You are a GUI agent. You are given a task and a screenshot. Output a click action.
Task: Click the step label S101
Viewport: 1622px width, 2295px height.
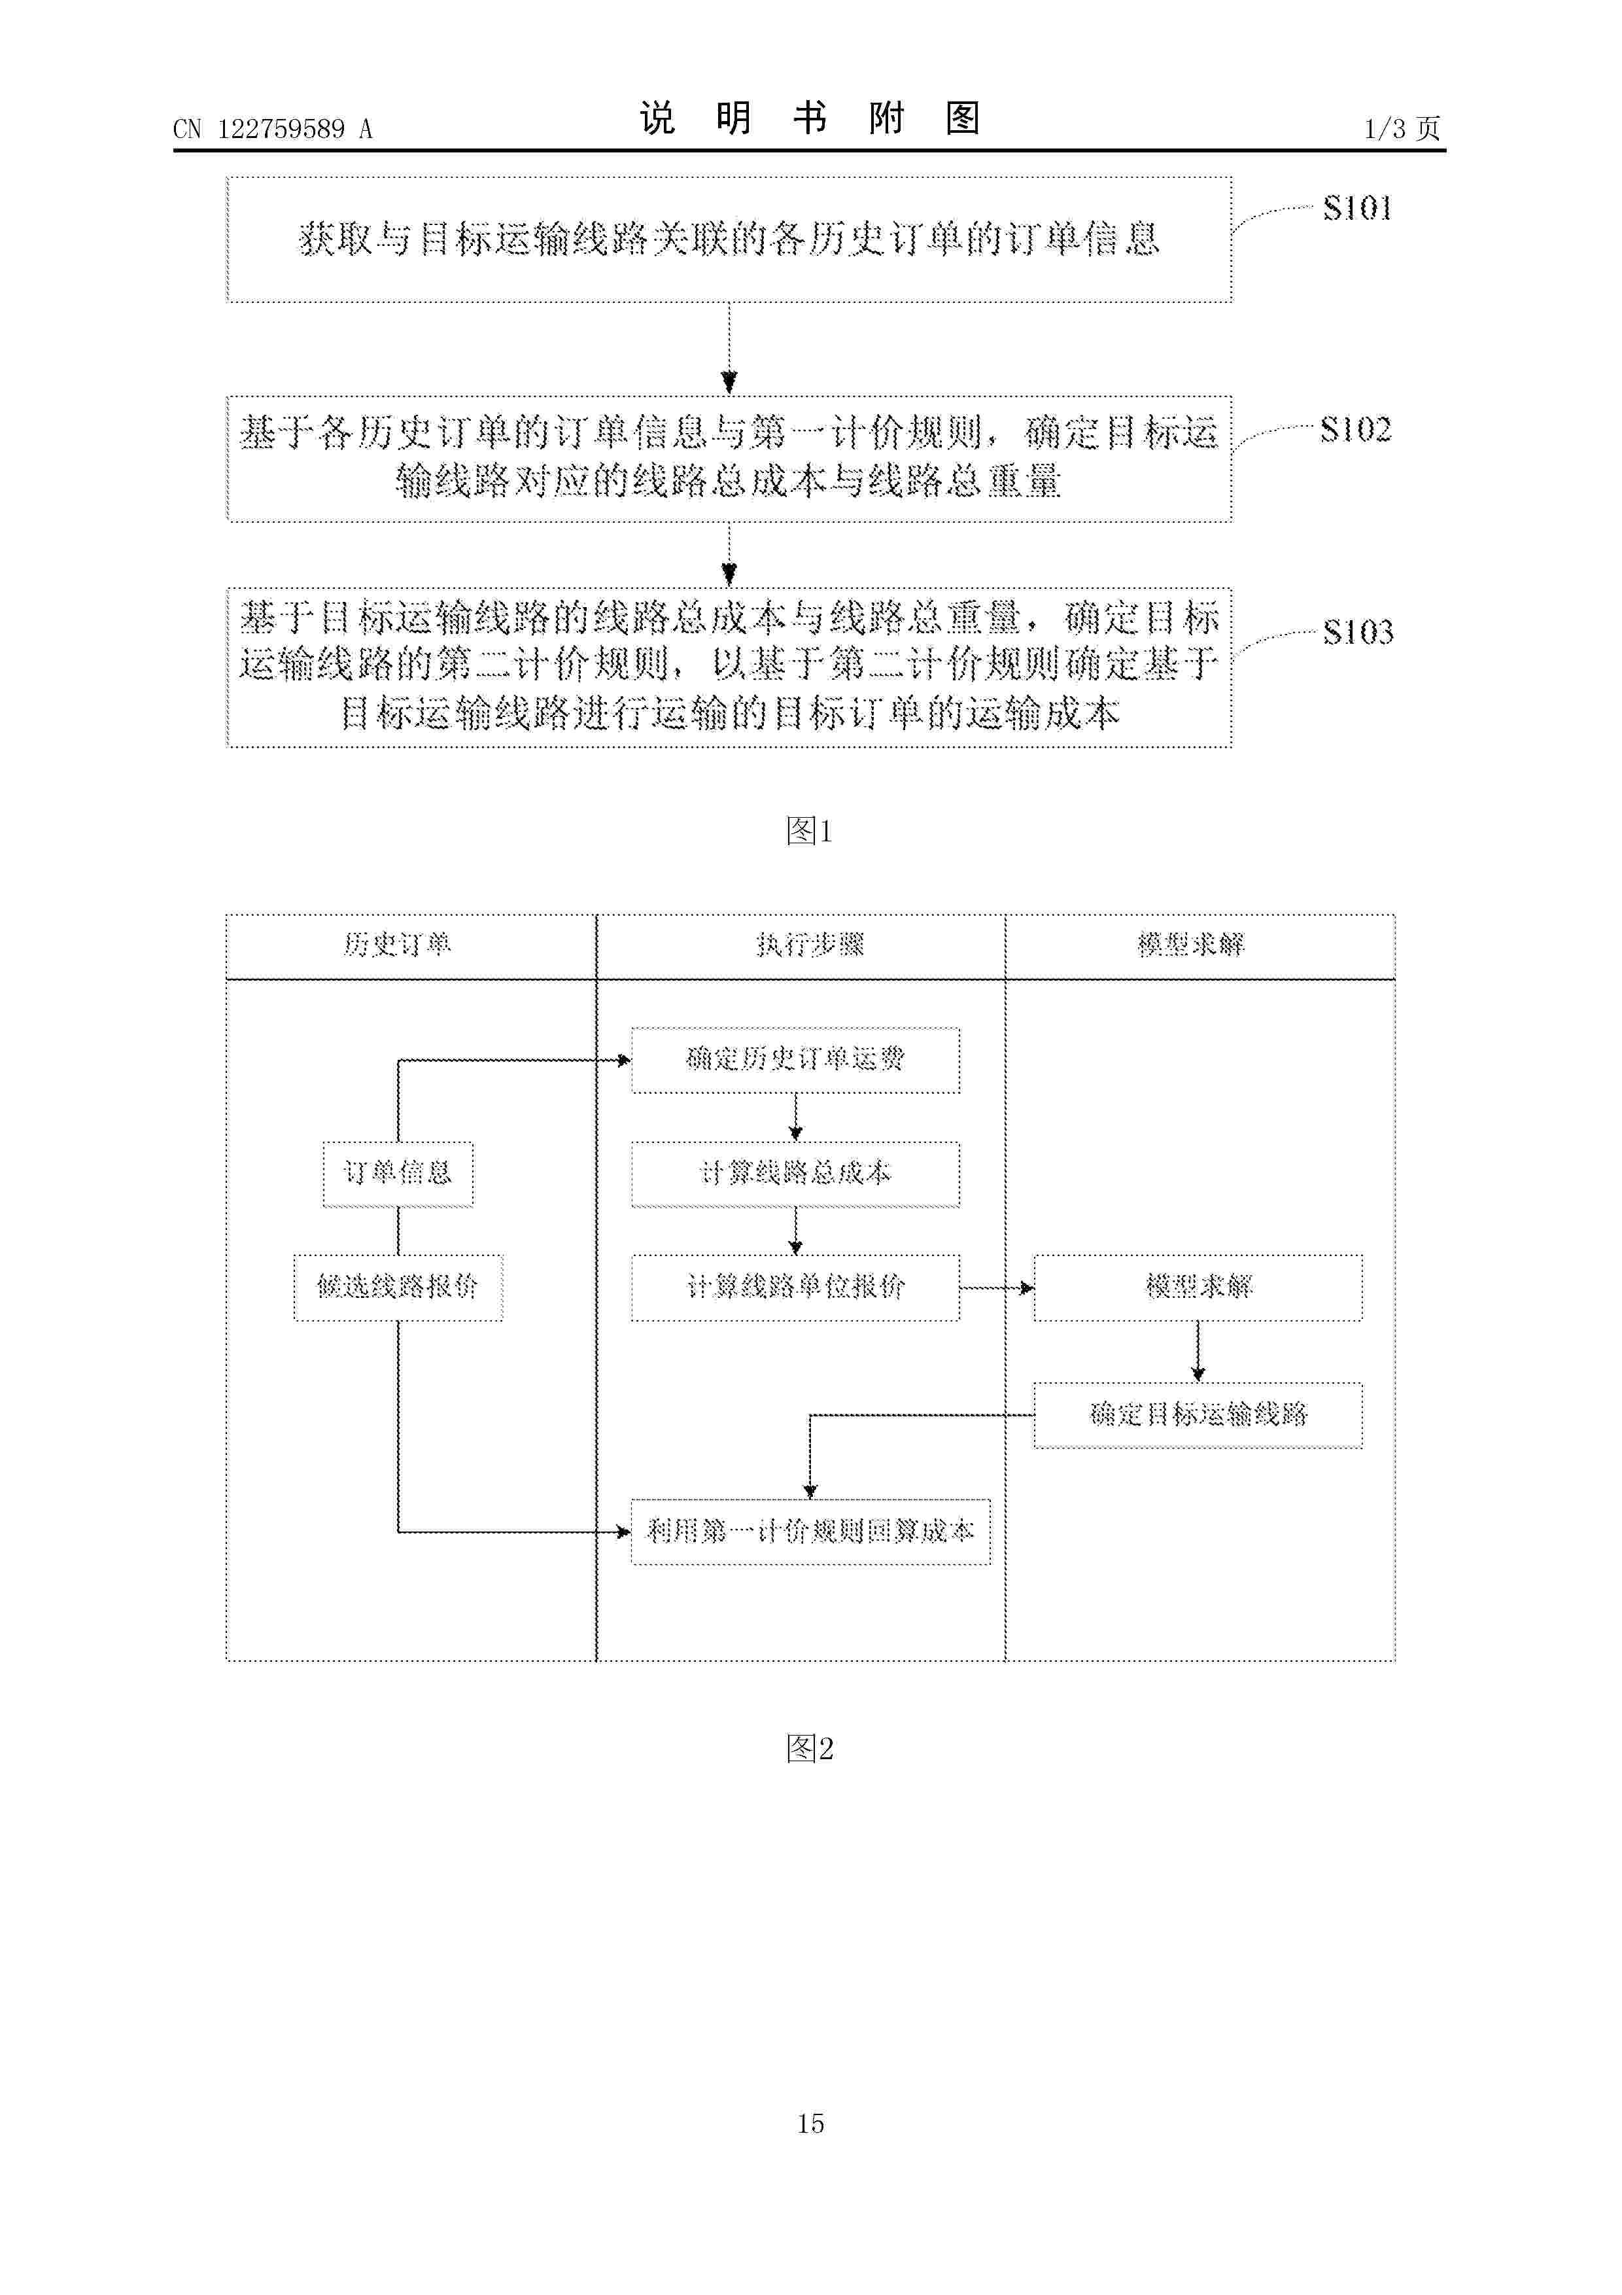(x=1357, y=208)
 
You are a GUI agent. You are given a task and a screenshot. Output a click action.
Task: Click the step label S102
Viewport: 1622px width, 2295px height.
(x=1355, y=430)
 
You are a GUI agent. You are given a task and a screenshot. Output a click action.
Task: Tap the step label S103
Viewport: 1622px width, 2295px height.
(x=1357, y=632)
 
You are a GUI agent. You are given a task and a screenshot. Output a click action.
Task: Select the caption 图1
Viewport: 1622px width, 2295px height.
(x=810, y=831)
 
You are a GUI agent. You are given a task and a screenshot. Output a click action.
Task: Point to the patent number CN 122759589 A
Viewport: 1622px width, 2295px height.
(x=273, y=129)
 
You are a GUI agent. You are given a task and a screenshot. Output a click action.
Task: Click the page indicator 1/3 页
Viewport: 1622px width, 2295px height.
(x=1402, y=129)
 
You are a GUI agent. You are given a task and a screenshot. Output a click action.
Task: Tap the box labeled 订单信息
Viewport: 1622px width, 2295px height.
(x=398, y=1174)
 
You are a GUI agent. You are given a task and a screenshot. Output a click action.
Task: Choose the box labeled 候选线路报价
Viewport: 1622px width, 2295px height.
(x=398, y=1288)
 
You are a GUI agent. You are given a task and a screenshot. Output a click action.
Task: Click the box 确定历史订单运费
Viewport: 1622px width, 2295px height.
(x=795, y=1060)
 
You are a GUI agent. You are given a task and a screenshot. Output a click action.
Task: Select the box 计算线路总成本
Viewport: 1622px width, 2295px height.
(x=795, y=1174)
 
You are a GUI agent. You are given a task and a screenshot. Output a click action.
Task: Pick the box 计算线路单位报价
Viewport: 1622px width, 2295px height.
(x=795, y=1288)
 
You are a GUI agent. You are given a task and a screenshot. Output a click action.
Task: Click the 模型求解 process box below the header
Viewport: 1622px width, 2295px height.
(x=1198, y=1288)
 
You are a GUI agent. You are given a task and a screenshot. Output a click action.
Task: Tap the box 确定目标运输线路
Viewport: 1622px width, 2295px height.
(x=1198, y=1415)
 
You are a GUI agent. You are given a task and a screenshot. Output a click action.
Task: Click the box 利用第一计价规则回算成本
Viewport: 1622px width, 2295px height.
(x=810, y=1532)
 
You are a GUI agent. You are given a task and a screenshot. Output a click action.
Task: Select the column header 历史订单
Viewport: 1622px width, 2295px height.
(x=398, y=945)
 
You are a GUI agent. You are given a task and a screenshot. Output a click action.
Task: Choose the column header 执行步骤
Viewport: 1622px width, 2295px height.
(x=810, y=945)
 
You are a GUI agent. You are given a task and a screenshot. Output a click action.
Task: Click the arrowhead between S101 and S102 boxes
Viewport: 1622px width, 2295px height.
(x=729, y=383)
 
